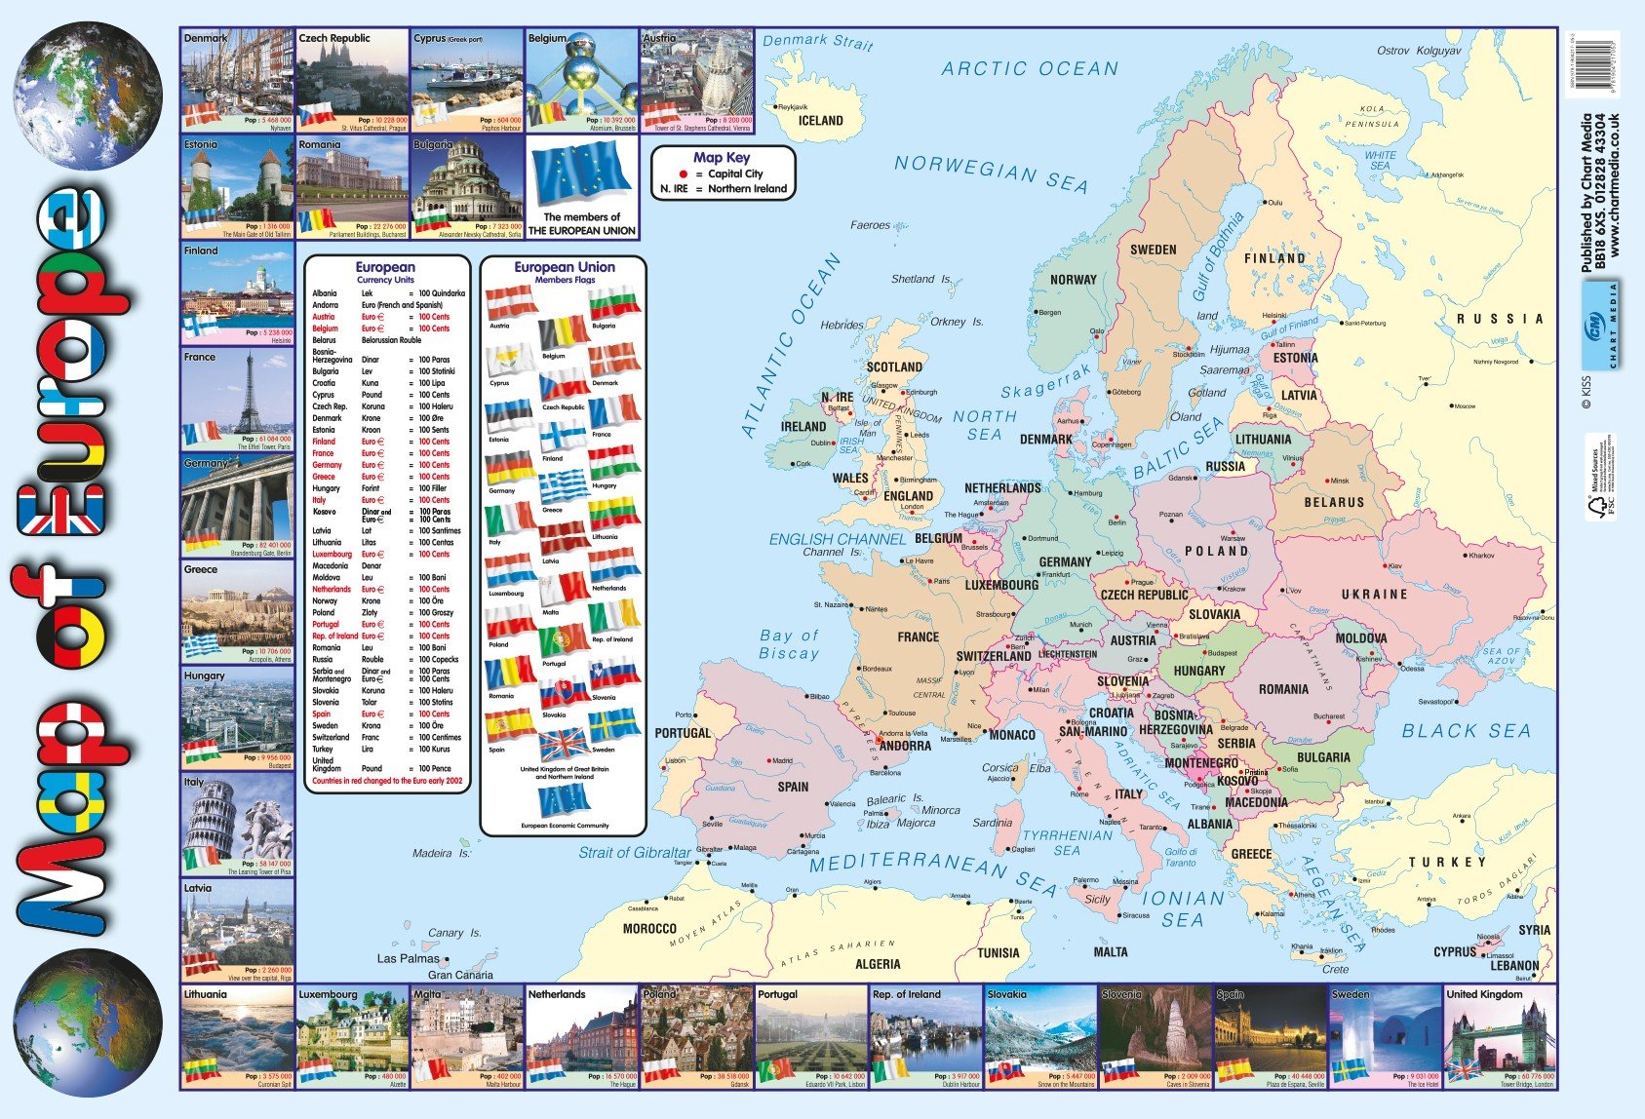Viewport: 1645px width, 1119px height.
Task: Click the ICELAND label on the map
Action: point(820,121)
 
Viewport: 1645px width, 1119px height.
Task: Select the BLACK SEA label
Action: point(1466,731)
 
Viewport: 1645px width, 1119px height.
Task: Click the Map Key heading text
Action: point(722,157)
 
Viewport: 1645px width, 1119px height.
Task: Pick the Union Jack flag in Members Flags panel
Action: point(564,746)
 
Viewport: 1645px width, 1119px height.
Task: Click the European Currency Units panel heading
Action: point(385,272)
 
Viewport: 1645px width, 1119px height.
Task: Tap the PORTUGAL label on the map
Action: point(683,733)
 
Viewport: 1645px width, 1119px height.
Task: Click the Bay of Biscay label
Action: point(789,644)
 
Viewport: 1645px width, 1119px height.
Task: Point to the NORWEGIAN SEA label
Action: point(990,174)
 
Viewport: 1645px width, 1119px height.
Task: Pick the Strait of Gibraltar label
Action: point(634,852)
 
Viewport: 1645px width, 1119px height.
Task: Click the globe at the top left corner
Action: point(88,96)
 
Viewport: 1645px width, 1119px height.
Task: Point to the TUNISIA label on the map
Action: point(999,953)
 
